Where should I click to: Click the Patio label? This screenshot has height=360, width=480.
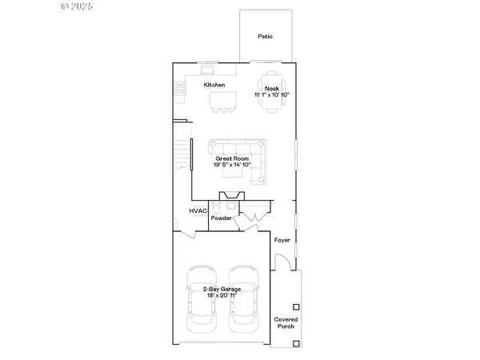(264, 37)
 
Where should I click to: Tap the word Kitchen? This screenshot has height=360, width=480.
(214, 85)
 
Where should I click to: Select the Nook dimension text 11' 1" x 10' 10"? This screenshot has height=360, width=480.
(271, 94)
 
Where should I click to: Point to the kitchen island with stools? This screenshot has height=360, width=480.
(224, 101)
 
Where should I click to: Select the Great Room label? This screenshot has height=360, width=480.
(232, 158)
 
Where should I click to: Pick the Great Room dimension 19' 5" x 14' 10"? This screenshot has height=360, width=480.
(232, 166)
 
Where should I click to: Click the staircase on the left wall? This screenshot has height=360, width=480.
(183, 152)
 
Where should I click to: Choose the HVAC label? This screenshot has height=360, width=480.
(198, 210)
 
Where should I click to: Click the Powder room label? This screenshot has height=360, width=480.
(222, 218)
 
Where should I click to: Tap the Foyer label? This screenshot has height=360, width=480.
(282, 240)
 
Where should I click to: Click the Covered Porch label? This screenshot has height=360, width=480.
(286, 322)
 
